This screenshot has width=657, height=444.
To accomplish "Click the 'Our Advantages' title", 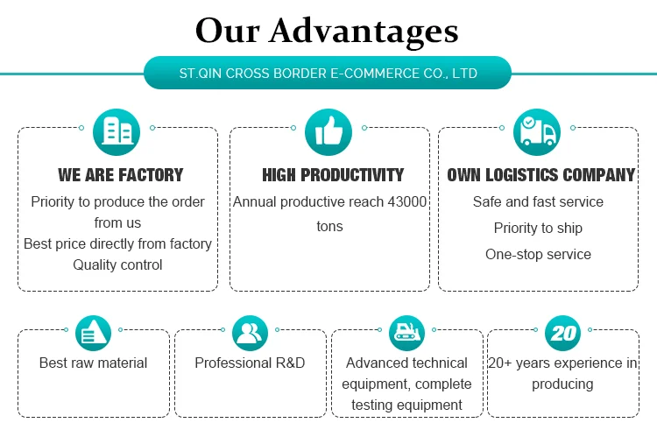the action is click(x=327, y=31).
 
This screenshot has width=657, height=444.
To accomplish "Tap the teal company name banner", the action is click(x=328, y=73).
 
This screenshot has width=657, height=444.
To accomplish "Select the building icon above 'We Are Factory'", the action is click(x=117, y=132).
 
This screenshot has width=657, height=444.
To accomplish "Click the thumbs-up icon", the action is click(x=328, y=132).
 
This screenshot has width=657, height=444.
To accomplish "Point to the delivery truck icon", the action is click(x=537, y=132).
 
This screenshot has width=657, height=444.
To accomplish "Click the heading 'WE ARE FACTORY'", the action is click(x=121, y=175).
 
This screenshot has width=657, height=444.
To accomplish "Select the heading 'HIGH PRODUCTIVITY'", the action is click(x=333, y=175).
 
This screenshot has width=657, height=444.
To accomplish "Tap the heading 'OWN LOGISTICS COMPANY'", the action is click(x=541, y=175).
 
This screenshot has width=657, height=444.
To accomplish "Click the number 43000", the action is click(x=406, y=202).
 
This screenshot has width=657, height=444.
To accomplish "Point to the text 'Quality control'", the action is click(x=117, y=264).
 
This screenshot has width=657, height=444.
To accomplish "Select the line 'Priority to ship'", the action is click(x=538, y=229).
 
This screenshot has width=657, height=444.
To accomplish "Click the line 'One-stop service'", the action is click(x=538, y=254).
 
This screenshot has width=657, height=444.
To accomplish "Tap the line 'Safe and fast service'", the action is click(x=538, y=202).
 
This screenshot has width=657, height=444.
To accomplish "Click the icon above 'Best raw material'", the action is click(x=94, y=333).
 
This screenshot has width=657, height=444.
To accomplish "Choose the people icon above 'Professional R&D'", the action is click(x=251, y=333).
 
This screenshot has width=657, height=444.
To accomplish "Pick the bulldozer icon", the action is click(x=406, y=333).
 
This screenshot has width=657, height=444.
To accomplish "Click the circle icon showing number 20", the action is click(x=562, y=333).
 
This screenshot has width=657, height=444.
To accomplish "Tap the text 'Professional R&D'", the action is click(x=251, y=363).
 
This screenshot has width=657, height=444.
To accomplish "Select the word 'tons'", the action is click(x=329, y=227).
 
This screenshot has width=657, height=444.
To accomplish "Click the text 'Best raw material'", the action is click(x=93, y=363).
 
